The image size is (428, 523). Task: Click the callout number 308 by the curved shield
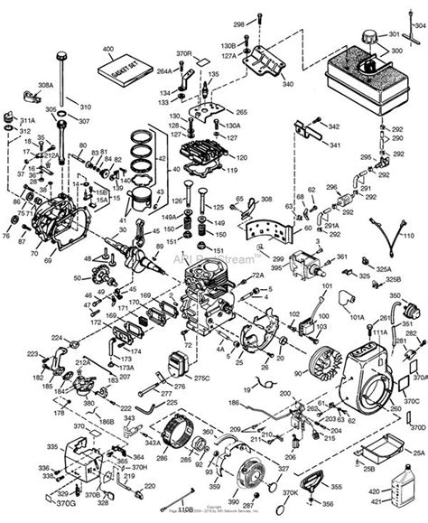tap(266, 199)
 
